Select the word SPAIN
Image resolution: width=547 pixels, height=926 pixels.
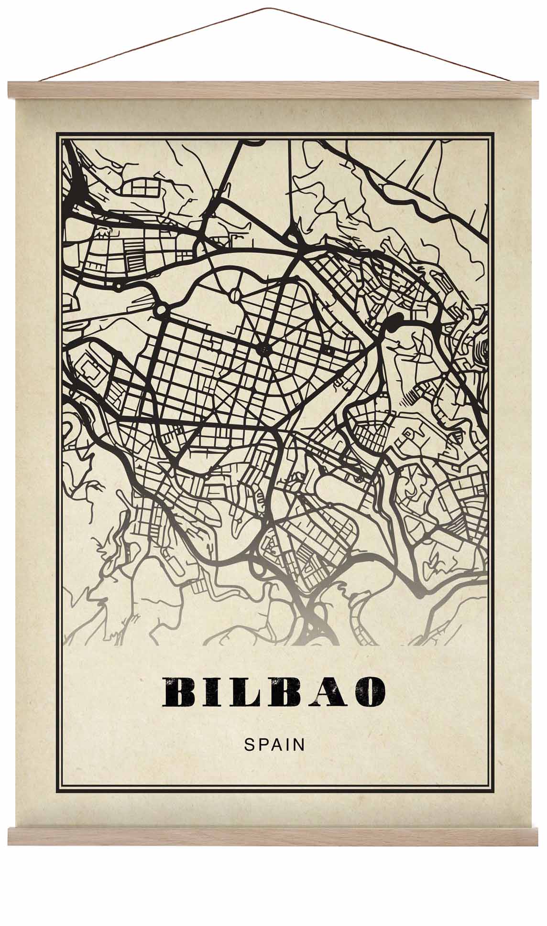274,744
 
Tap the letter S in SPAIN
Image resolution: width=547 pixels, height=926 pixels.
249,744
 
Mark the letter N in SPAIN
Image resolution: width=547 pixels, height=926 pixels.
299,744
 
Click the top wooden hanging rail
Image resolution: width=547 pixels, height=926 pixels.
273,90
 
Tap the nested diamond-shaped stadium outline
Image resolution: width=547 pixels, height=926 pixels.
90,370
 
